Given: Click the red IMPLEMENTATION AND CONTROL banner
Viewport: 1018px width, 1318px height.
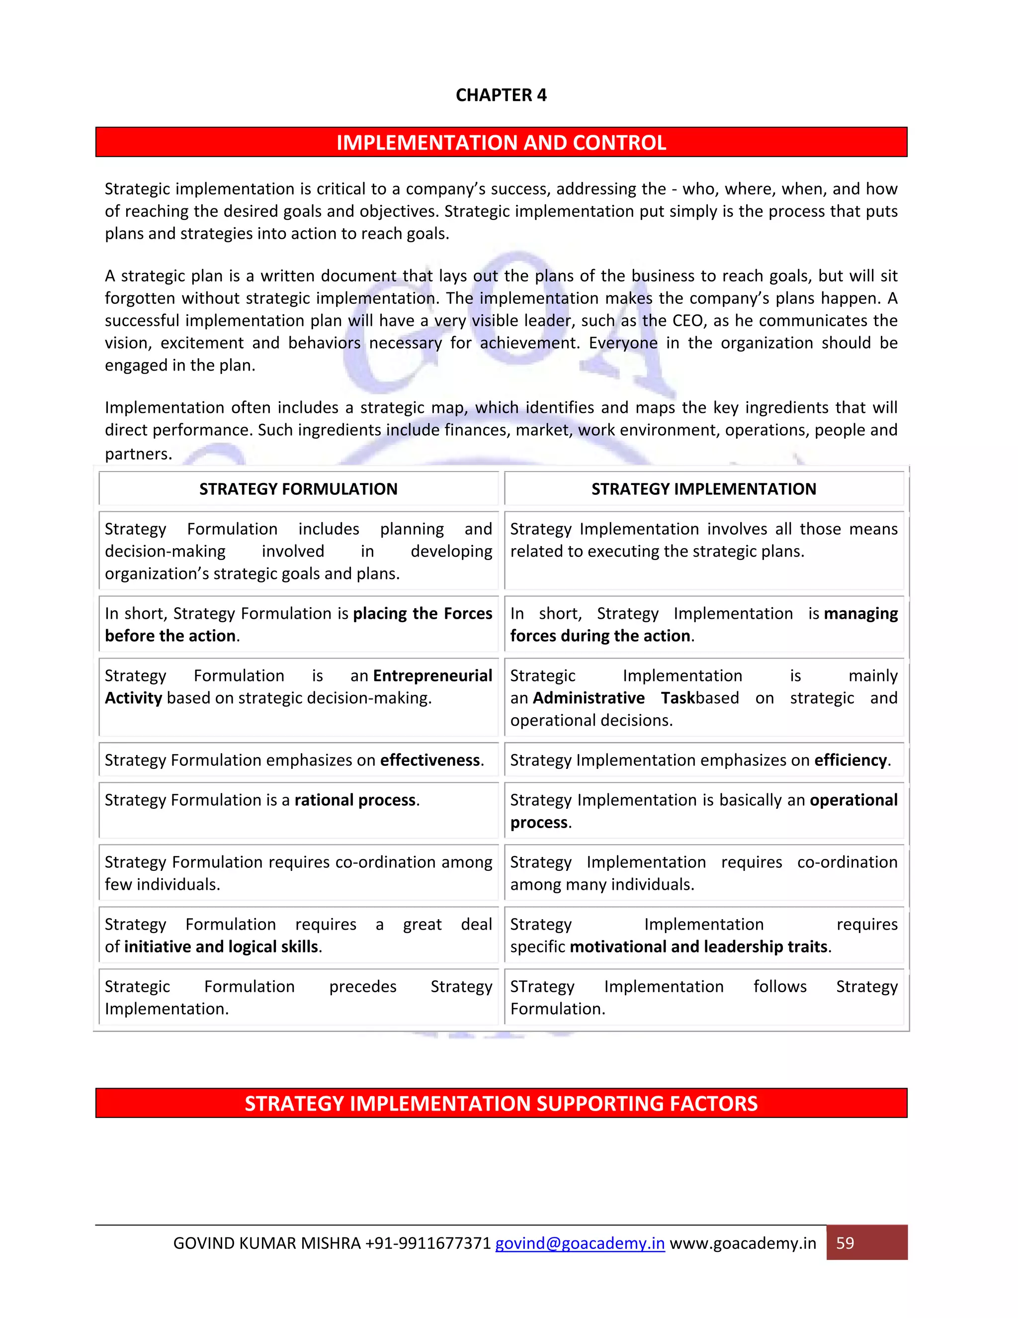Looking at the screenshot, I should coord(501,142).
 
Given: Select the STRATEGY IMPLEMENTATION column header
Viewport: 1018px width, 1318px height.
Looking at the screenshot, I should coord(703,489).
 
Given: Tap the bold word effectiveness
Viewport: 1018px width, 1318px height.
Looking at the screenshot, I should coord(430,760).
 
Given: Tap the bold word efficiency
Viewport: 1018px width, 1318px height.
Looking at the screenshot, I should coord(850,760).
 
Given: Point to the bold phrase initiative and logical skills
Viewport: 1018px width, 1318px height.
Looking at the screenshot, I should coord(221,947).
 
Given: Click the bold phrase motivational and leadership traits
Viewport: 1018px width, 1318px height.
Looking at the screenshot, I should coord(698,947).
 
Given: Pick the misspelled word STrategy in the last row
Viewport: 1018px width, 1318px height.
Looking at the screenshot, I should coord(542,987).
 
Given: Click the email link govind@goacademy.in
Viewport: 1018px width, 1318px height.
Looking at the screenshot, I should coord(580,1244).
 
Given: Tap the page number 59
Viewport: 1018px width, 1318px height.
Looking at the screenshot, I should coord(845,1243).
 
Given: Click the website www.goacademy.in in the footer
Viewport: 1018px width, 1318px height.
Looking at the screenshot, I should coord(743,1244).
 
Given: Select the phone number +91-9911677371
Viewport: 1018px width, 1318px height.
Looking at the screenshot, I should coord(427,1244).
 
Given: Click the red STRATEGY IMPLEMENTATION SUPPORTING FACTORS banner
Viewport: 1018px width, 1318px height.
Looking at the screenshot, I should coord(501,1103).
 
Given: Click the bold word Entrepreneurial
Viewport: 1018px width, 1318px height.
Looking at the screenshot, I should coord(432,676).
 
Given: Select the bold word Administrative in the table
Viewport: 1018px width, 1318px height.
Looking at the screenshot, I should coord(589,698).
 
